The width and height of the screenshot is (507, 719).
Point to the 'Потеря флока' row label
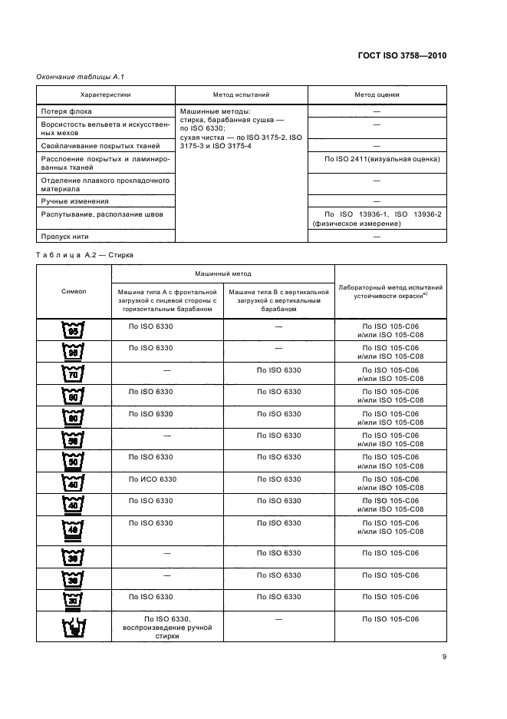66,111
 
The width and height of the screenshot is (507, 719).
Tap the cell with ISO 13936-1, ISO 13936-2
376,219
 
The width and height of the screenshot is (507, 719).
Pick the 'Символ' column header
74,291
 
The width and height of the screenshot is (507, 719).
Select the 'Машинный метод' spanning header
222,273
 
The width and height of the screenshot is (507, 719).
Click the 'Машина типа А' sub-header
167,301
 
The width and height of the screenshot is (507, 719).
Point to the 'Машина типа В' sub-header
278,301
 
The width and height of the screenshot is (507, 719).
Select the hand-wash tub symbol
74,628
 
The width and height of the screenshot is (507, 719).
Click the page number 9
443,657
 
